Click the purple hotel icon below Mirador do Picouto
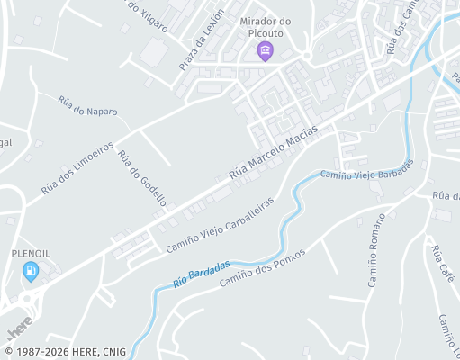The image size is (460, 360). [x=265, y=49]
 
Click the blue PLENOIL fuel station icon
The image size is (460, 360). [x=31, y=269]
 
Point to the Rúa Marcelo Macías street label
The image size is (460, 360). [x=274, y=150]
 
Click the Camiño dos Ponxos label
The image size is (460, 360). [x=263, y=266]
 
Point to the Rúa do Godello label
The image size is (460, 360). [x=137, y=178]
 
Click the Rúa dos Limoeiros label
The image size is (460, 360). [x=77, y=168]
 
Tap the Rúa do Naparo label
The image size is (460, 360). [x=87, y=111]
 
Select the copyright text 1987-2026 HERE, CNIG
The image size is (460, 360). [x=65, y=352]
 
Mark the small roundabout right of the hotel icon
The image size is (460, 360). [x=306, y=56]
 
